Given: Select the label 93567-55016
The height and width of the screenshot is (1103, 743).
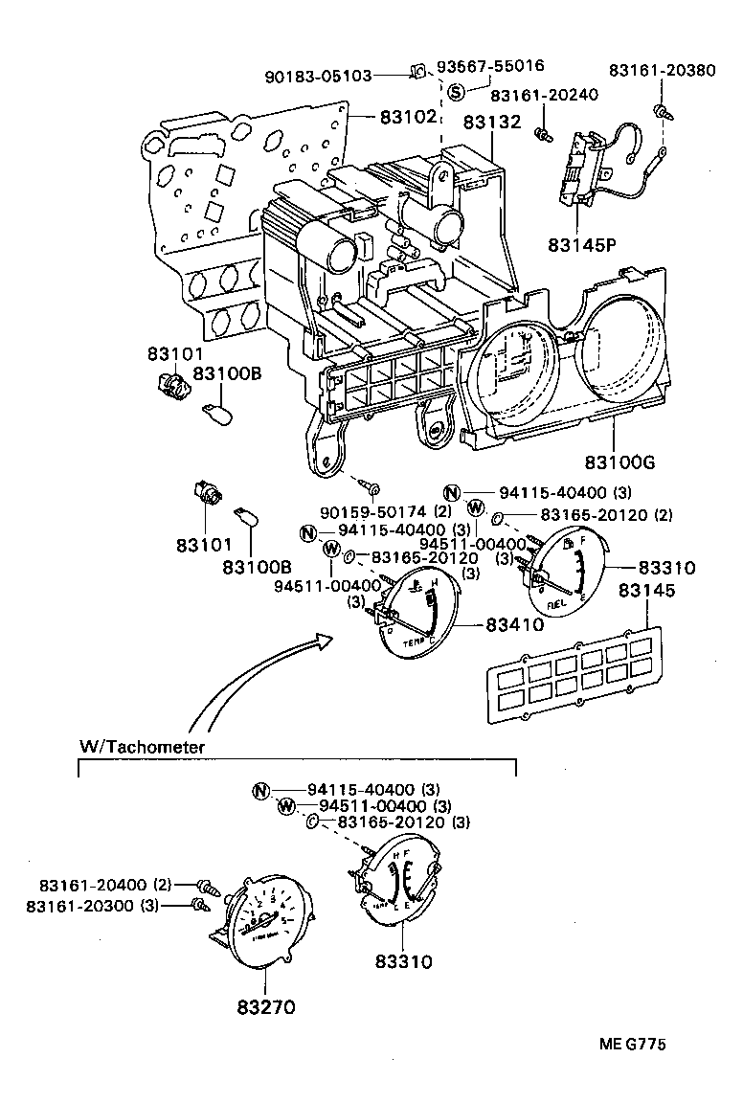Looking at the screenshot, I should (490, 66).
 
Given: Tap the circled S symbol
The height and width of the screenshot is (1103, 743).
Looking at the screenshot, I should (456, 93).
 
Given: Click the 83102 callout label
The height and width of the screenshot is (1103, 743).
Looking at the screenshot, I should (408, 117).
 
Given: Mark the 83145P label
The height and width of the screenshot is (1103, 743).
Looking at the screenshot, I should (582, 244).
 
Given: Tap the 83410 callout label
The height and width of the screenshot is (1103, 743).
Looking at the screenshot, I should (514, 624).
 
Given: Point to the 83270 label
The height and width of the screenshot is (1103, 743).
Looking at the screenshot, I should (265, 1006).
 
